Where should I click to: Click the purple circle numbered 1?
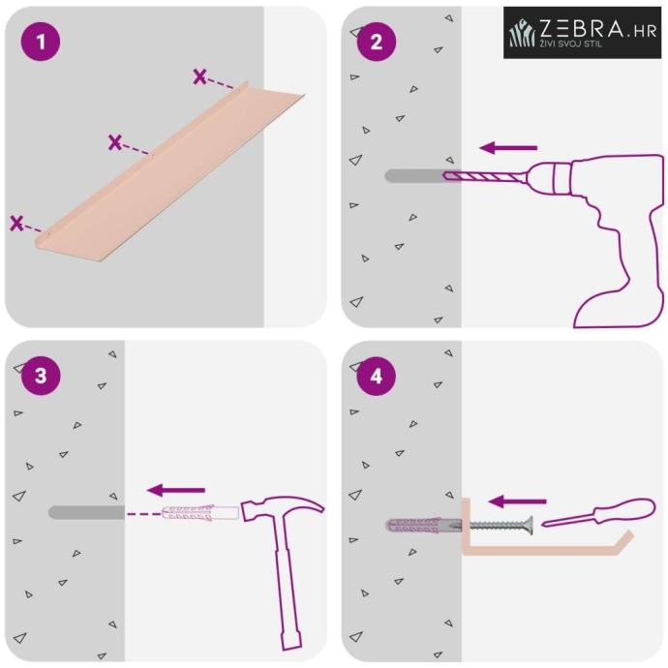pos(41,42)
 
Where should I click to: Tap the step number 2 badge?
pos(377,42)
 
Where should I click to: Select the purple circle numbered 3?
pos(41,376)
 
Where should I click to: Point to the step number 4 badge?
pos(377,376)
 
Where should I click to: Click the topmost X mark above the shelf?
pos(199,76)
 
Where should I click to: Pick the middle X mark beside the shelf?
pos(114,142)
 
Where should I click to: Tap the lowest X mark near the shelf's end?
pos(16,224)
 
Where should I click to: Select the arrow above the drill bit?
pos(508,148)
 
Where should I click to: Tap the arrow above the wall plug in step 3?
pos(176,490)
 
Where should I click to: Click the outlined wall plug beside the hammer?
pos(200,513)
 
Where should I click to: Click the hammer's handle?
pos(287,584)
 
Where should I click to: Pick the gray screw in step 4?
pos(501,525)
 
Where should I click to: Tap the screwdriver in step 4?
pos(598,512)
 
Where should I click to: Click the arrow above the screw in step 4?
pos(517,501)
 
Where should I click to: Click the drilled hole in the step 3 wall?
pos(86,512)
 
